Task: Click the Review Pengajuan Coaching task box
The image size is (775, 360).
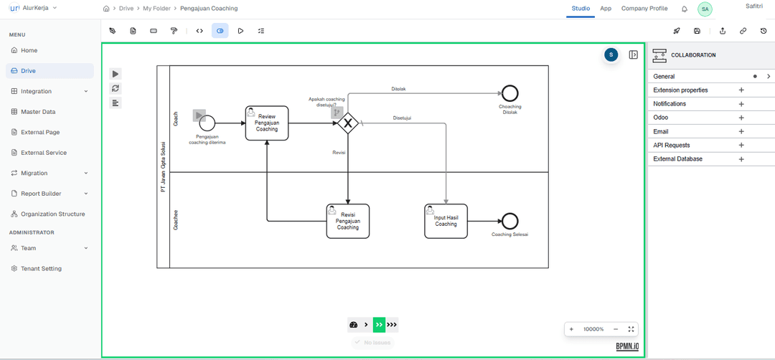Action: (266, 123)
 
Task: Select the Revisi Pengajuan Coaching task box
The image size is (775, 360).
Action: (347, 221)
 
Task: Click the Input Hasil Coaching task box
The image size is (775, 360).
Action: (446, 221)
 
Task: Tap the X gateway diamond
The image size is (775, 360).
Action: (348, 123)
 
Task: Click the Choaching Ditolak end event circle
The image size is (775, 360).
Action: (510, 93)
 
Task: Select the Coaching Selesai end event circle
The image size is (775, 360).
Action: (510, 221)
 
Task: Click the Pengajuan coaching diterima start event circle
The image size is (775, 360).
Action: (207, 123)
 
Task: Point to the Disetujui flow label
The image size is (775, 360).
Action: (402, 118)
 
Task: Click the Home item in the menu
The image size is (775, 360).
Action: (29, 50)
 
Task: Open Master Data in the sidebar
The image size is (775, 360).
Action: (37, 112)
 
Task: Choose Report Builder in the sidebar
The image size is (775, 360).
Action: (40, 194)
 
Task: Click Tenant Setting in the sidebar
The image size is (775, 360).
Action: (41, 268)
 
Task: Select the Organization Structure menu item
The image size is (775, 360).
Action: (52, 214)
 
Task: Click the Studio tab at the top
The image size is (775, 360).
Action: (581, 9)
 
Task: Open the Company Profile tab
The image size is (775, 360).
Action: (644, 9)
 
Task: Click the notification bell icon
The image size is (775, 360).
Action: (684, 9)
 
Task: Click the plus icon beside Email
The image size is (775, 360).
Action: (741, 131)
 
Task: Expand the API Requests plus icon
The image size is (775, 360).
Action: (741, 146)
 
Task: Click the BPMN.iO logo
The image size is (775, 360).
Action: (626, 346)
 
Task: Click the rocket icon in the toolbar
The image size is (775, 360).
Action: (676, 31)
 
